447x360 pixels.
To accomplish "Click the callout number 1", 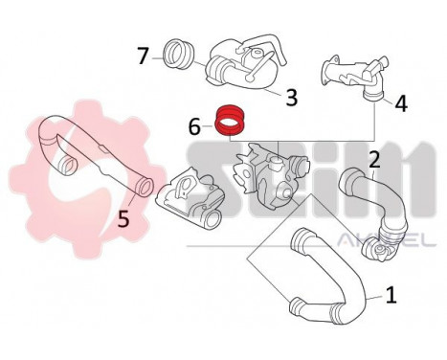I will (390, 296).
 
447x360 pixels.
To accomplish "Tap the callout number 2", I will (375, 158).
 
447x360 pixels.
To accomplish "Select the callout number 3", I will (292, 97).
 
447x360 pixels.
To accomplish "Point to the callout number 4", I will (401, 102).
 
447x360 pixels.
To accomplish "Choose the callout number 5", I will (123, 218).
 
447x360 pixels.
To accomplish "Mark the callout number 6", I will (195, 124).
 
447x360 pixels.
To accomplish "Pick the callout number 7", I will (143, 55).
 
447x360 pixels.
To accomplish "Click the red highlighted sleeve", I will (230, 121).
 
